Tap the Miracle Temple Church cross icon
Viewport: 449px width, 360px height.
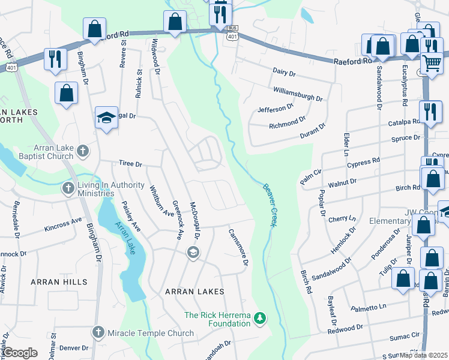(x=98, y=332)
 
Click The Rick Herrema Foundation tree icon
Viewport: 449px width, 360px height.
(x=260, y=317)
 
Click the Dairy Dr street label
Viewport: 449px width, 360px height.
(x=284, y=73)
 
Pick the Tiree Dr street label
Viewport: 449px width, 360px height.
(x=130, y=164)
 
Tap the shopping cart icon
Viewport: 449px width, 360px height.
(x=432, y=62)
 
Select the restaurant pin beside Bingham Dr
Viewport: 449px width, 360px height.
(x=55, y=59)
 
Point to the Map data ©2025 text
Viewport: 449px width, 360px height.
(x=424, y=355)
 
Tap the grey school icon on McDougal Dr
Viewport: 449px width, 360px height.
(x=193, y=252)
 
